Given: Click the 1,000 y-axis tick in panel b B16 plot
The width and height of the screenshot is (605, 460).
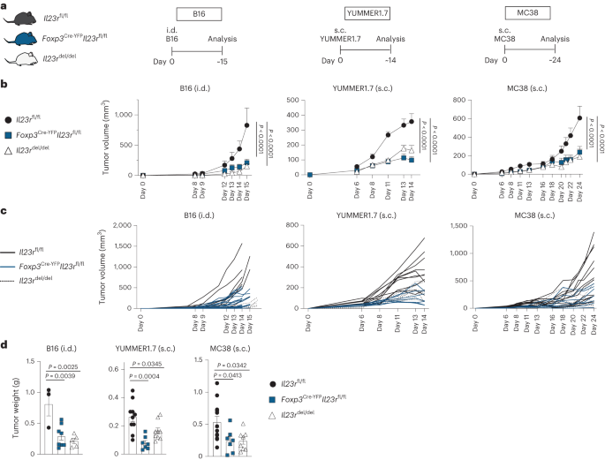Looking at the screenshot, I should [118, 115].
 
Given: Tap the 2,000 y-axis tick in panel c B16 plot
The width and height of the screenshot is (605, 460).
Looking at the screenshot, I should [117, 226].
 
